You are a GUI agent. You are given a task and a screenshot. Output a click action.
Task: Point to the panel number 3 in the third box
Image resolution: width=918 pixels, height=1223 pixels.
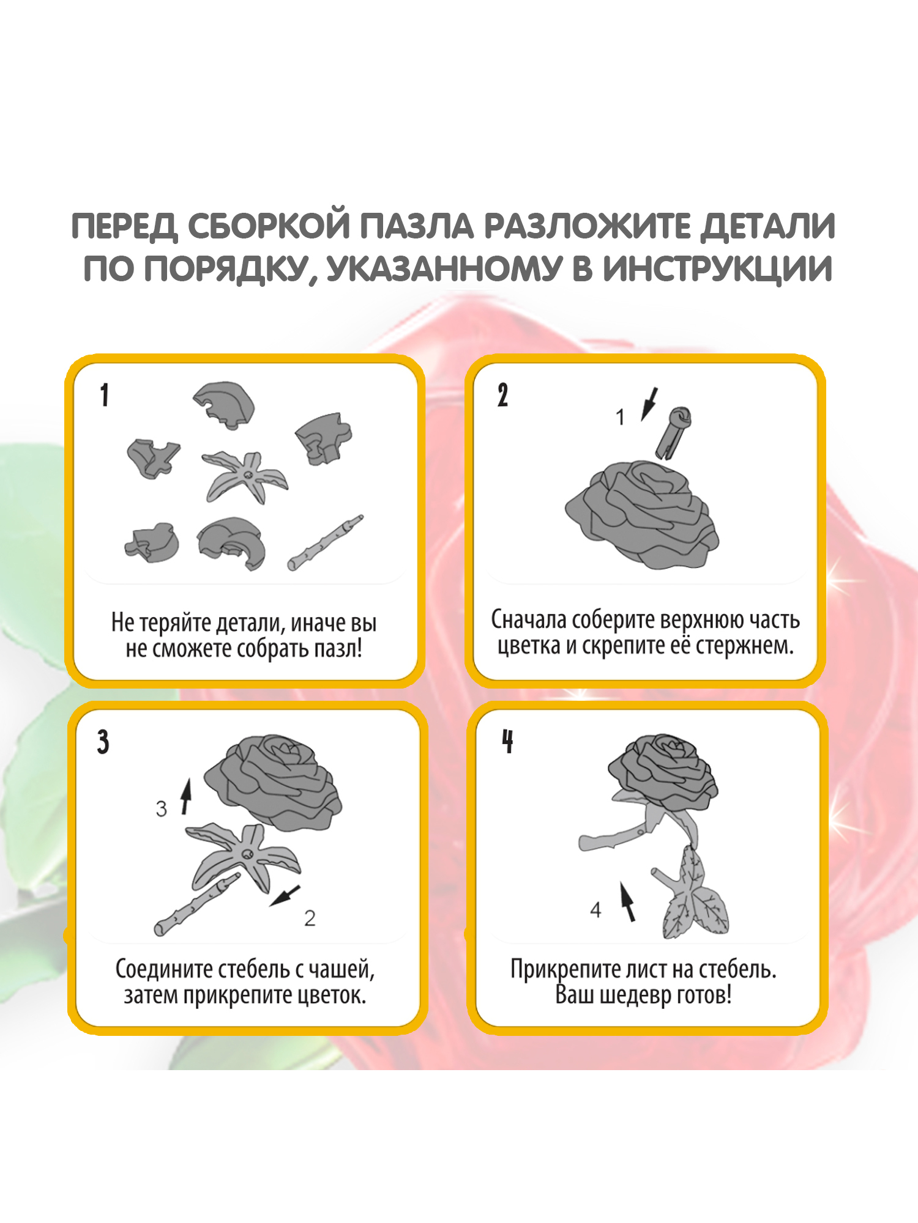[103, 742]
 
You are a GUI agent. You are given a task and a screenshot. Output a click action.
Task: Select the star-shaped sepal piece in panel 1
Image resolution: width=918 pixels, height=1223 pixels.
[245, 477]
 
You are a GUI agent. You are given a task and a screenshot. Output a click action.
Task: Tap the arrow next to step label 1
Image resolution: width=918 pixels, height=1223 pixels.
[649, 404]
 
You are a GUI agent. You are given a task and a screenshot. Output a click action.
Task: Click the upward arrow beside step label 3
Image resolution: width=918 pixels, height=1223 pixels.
[186, 796]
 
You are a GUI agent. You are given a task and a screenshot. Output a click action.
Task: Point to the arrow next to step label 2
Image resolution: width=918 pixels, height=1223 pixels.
[285, 896]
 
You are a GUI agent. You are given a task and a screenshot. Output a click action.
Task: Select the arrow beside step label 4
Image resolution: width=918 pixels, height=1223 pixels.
[628, 901]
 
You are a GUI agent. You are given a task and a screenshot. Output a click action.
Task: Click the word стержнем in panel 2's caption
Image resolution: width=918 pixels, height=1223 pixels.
[745, 646]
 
